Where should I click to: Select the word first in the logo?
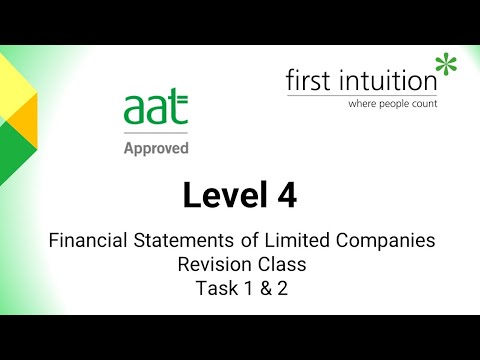307,80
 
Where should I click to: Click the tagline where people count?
391,103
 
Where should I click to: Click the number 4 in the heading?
286,197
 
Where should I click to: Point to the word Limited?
289,240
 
